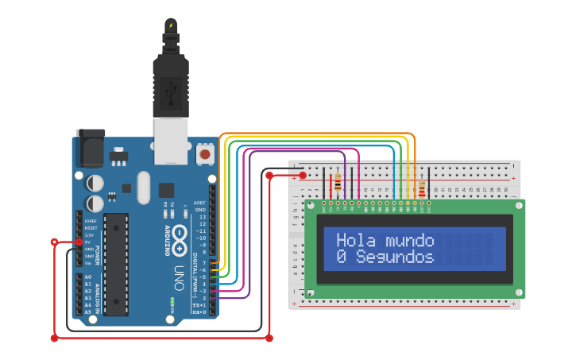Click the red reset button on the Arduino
(x=205, y=153)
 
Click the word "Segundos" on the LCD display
(x=395, y=257)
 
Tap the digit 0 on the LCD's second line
(x=341, y=257)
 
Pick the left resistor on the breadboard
(x=338, y=184)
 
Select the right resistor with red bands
(x=421, y=189)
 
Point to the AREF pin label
(x=200, y=203)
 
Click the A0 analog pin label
(x=87, y=277)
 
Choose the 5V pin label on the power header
(x=89, y=242)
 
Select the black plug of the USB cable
(x=170, y=83)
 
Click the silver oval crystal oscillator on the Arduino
(x=143, y=188)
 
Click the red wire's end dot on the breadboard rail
(x=303, y=175)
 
